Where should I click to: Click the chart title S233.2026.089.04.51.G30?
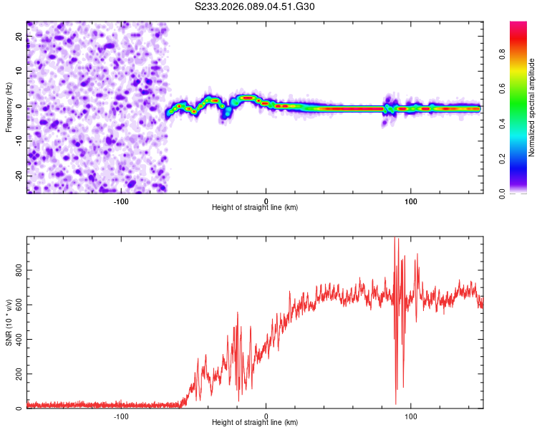pos(255,7)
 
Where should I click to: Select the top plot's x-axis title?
pos(255,207)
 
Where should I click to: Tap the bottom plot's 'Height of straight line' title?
pos(255,422)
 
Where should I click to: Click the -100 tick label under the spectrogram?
pos(121,200)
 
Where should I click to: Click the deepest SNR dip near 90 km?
pos(396,404)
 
